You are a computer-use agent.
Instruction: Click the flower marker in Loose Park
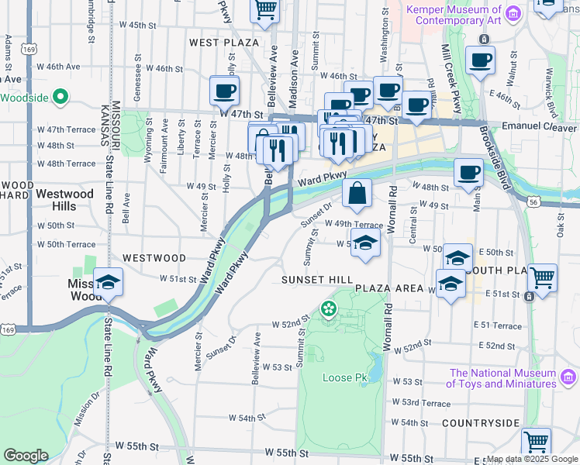pyautogui.click(x=329, y=310)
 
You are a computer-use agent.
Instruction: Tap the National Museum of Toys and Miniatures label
pyautogui.click(x=502, y=378)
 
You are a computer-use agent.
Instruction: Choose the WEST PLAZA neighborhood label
pyautogui.click(x=224, y=43)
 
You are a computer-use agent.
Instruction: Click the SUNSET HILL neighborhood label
pyautogui.click(x=317, y=279)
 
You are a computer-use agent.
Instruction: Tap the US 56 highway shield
pyautogui.click(x=533, y=201)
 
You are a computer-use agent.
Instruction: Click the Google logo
pyautogui.click(x=26, y=456)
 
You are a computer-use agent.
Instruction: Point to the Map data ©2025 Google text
pyautogui.click(x=531, y=460)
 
